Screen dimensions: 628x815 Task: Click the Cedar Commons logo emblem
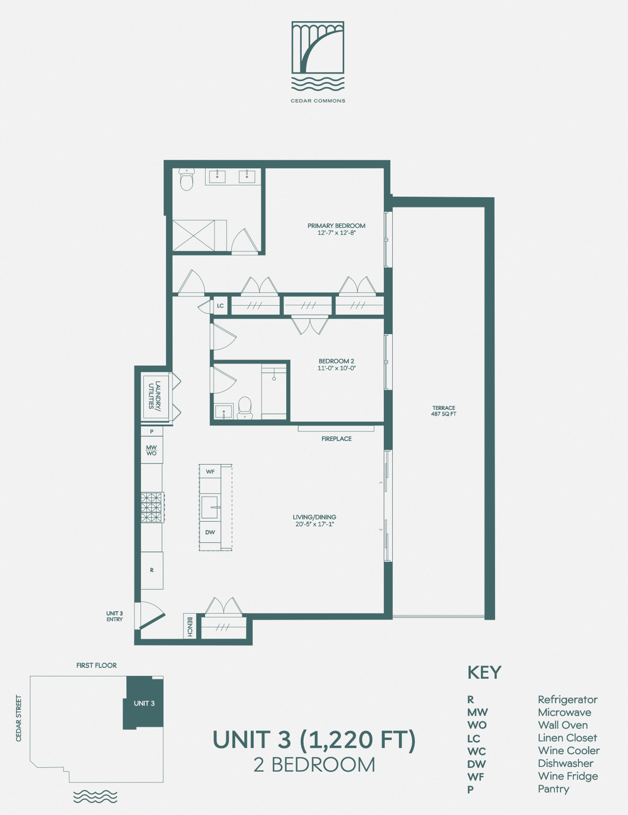(x=318, y=56)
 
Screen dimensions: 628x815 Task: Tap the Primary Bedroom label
(x=337, y=229)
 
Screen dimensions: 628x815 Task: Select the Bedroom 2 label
(x=337, y=365)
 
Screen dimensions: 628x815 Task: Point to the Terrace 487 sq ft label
(x=444, y=410)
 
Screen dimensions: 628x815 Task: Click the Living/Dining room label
(x=314, y=520)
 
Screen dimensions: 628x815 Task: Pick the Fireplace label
(x=337, y=438)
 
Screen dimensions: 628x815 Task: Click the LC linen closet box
(x=220, y=306)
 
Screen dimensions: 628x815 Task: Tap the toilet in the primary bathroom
(x=186, y=180)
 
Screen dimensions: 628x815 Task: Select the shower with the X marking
(x=194, y=236)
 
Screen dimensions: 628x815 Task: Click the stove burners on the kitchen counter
(x=152, y=508)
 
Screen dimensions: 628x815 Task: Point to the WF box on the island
(x=210, y=472)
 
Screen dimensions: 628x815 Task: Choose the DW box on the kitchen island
(x=210, y=532)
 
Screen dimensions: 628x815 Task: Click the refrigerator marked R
(x=152, y=570)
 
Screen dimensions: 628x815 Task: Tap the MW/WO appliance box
(x=152, y=450)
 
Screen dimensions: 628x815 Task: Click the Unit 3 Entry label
(x=114, y=616)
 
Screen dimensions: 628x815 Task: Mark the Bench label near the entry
(x=189, y=627)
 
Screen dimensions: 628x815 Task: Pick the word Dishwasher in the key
(x=565, y=763)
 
